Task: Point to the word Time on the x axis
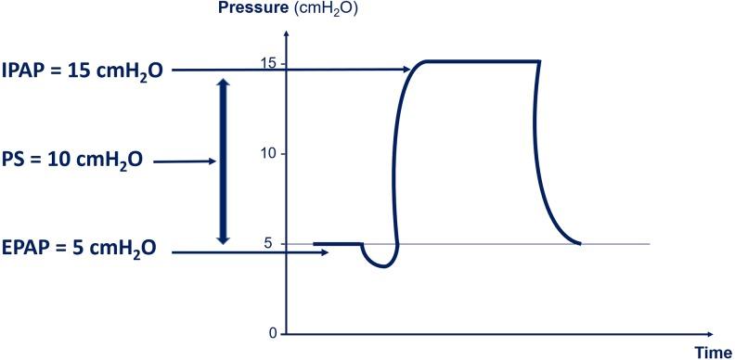point(713,352)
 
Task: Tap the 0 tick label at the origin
point(272,333)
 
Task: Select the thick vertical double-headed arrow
point(221,161)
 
